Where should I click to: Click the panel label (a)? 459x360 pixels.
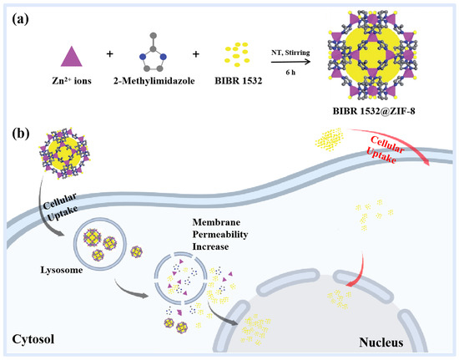click(x=19, y=15)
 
